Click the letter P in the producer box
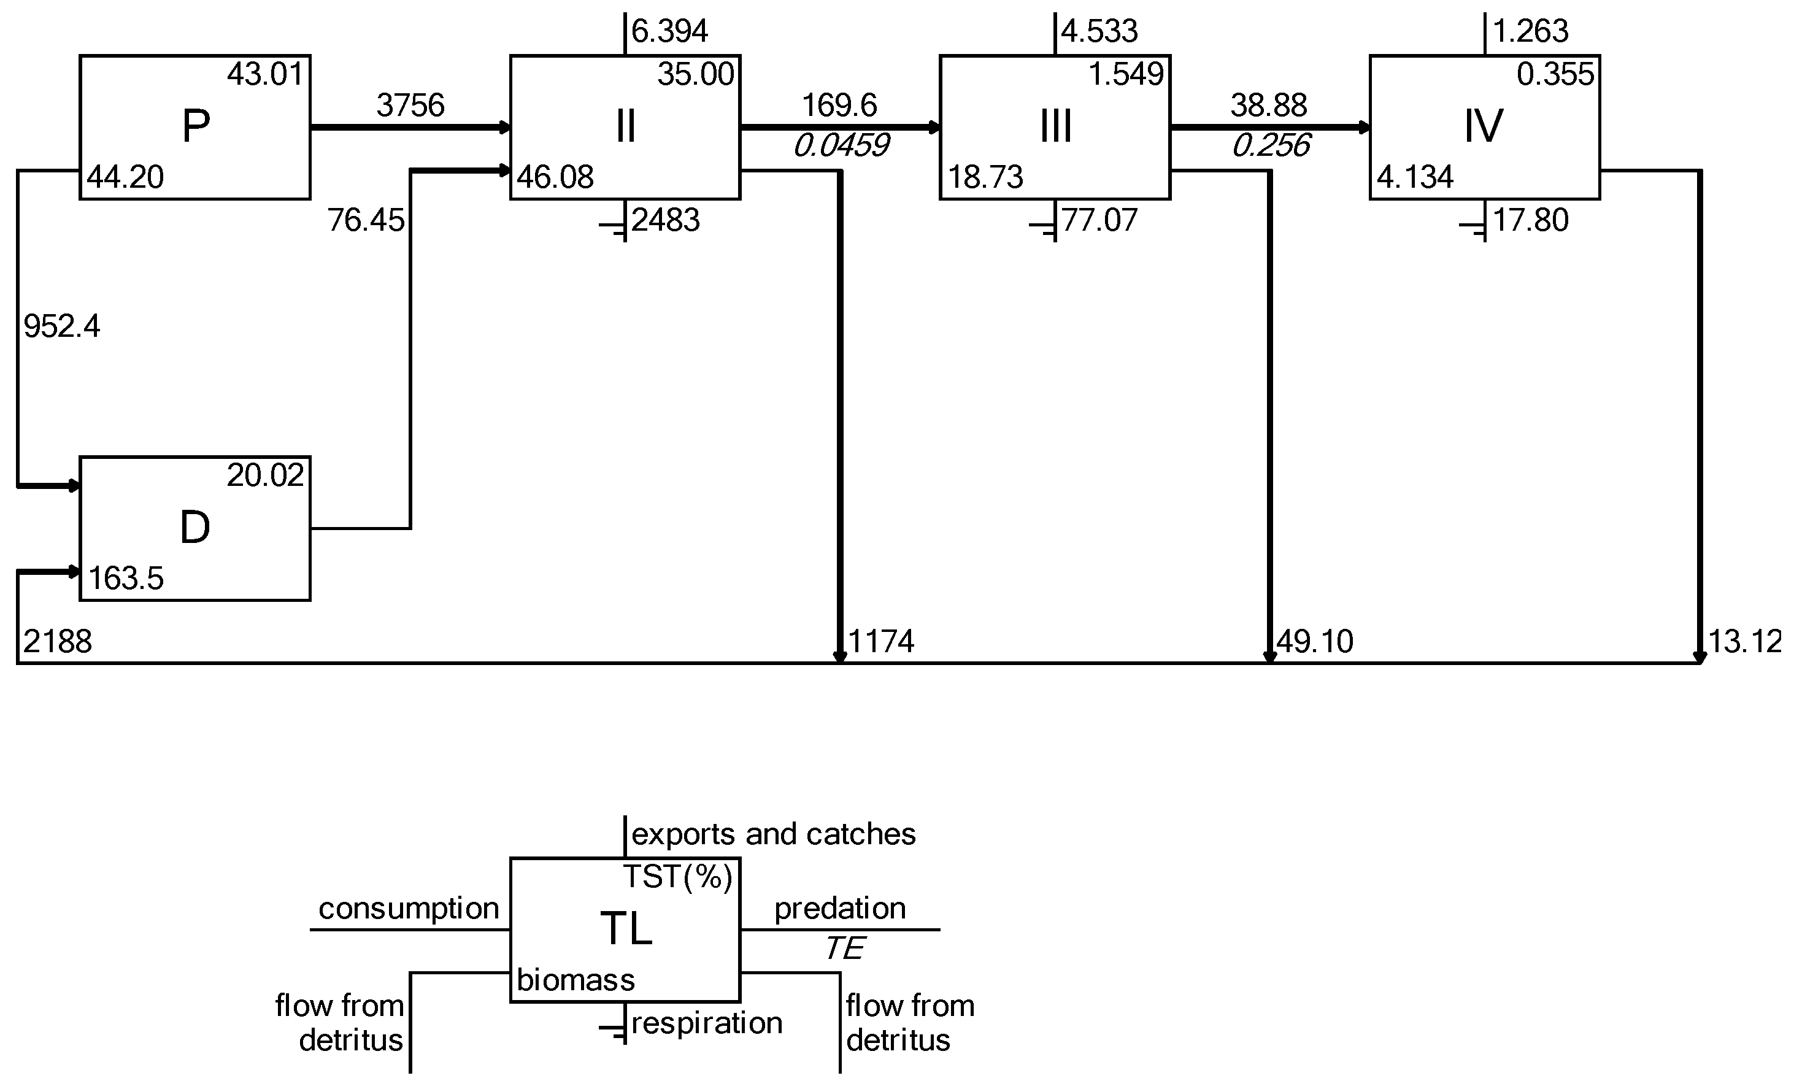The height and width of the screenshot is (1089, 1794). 195,126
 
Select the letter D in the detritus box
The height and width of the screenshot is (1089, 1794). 194,528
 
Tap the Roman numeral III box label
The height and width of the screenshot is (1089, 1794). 1055,126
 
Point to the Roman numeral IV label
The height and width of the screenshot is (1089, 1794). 1483,126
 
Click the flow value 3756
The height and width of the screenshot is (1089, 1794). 410,106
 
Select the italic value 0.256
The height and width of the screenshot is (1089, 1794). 1271,146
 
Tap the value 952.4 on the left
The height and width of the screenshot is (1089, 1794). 62,327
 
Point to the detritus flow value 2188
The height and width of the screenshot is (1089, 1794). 58,642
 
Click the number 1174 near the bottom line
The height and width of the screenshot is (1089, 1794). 881,642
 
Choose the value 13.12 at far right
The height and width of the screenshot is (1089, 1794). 1744,642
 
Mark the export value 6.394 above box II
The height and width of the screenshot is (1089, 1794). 669,31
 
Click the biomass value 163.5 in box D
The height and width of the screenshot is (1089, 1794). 126,579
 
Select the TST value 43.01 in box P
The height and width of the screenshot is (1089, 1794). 265,74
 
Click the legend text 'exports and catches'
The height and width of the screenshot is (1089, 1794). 773,834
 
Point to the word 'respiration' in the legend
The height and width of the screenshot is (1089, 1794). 707,1023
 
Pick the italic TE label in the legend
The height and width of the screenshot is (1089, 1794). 844,949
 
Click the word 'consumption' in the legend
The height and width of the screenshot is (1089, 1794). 409,909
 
